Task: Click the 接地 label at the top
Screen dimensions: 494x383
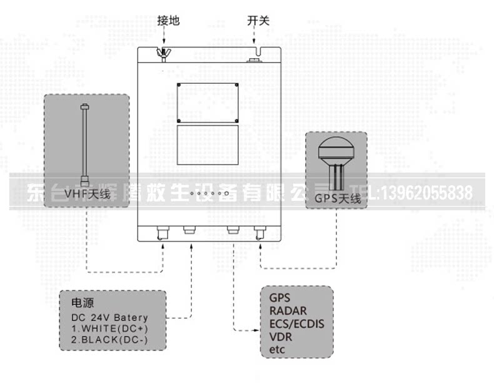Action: tap(168, 21)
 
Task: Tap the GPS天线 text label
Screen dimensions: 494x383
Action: tap(338, 200)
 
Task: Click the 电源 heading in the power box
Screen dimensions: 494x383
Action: tap(83, 304)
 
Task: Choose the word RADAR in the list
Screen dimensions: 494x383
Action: tap(288, 311)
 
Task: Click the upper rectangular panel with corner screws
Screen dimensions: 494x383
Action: tap(208, 102)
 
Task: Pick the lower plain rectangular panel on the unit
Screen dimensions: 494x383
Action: tap(208, 145)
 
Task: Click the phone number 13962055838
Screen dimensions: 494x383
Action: tap(423, 193)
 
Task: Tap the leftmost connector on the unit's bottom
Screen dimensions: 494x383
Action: tap(163, 233)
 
